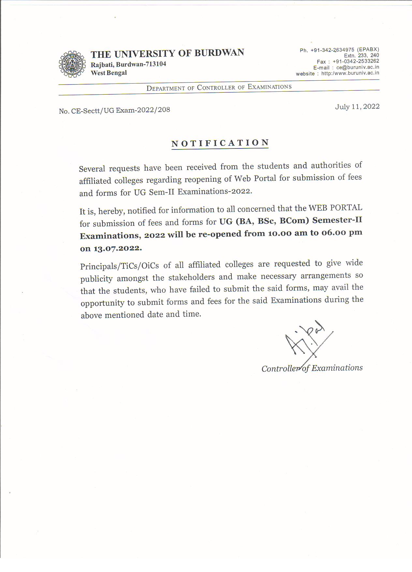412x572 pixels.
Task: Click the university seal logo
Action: (x=72, y=64)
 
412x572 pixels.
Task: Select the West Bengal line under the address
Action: (x=109, y=73)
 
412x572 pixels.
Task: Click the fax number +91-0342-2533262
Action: (x=356, y=61)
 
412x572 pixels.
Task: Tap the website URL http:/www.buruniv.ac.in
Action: (x=350, y=73)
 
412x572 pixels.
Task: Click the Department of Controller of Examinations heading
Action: (x=219, y=87)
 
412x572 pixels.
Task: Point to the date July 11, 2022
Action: (x=357, y=107)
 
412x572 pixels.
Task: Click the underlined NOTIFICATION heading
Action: (x=220, y=143)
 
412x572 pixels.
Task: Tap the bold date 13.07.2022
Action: (x=118, y=248)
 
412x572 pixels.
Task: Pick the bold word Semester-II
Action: (x=337, y=220)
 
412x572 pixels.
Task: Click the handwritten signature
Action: (x=306, y=343)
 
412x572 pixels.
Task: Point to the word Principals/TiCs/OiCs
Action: (x=119, y=266)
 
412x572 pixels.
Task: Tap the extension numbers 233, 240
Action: (x=368, y=55)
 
